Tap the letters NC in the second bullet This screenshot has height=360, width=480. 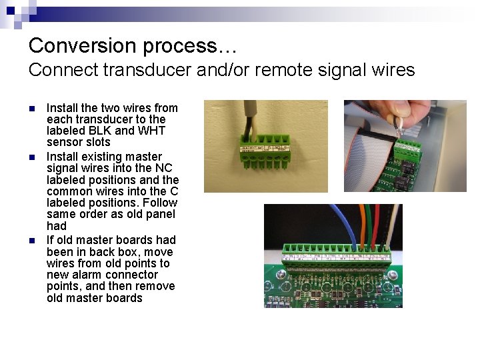pyautogui.click(x=163, y=168)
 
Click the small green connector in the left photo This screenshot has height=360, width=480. pyautogui.click(x=265, y=157)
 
